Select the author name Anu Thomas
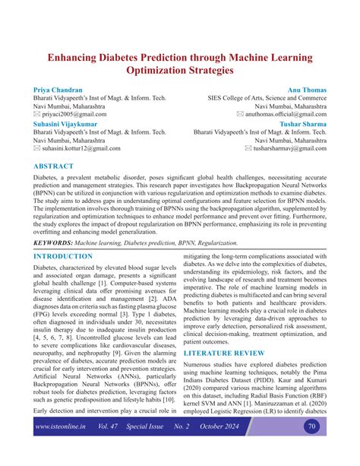pyautogui.click(x=306, y=89)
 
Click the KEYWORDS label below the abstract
pyautogui.click(x=58, y=221)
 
